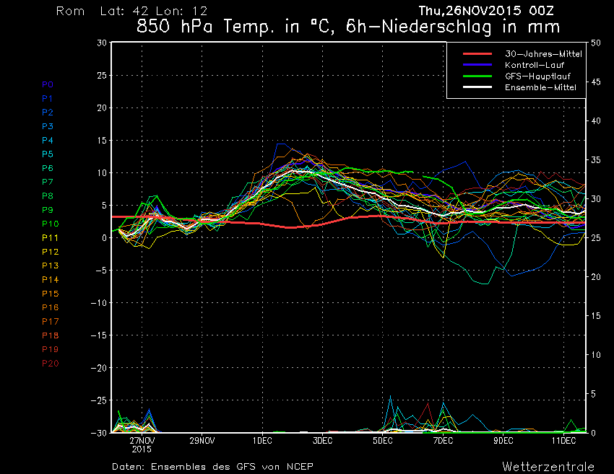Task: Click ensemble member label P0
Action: click(48, 84)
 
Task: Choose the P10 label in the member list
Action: click(50, 224)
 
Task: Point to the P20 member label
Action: click(50, 363)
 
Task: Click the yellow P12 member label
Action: click(50, 252)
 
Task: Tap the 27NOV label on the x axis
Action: click(142, 439)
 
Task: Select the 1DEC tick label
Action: click(262, 439)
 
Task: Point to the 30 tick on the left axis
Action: click(102, 43)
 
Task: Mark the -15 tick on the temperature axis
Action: click(98, 335)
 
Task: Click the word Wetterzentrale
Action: click(548, 465)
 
